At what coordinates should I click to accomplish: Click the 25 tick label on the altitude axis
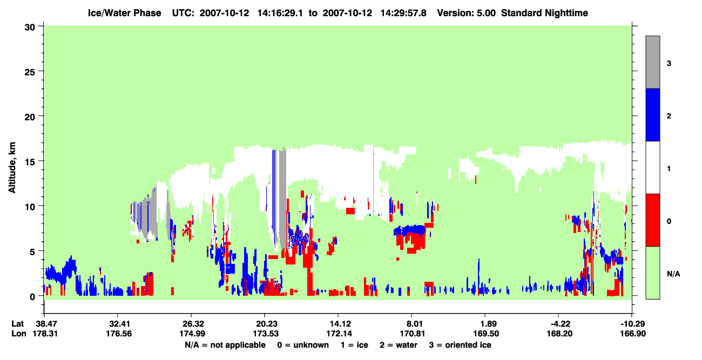click(x=30, y=72)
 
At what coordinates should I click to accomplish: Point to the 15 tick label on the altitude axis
click(x=30, y=162)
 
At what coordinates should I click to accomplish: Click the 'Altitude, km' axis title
click(x=12, y=168)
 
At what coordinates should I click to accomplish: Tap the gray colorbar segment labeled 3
click(x=652, y=62)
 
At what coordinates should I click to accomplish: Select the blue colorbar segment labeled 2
click(x=652, y=114)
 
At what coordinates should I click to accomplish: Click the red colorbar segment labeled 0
click(x=652, y=220)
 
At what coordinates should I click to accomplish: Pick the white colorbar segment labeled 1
click(x=652, y=167)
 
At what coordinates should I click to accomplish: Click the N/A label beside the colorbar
click(x=673, y=274)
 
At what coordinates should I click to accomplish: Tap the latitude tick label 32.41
click(x=119, y=324)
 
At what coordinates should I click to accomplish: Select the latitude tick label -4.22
click(x=560, y=324)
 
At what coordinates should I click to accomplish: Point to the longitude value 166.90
click(x=633, y=334)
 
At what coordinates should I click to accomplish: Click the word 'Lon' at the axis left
click(x=19, y=334)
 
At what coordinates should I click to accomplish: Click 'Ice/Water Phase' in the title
click(x=124, y=13)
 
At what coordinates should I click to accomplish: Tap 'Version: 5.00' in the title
click(x=467, y=13)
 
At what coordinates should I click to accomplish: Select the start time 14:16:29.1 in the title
click(x=280, y=13)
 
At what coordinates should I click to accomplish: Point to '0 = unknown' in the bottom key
click(x=303, y=345)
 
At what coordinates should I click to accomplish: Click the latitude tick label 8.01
click(x=413, y=324)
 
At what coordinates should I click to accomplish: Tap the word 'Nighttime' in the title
click(x=566, y=13)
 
